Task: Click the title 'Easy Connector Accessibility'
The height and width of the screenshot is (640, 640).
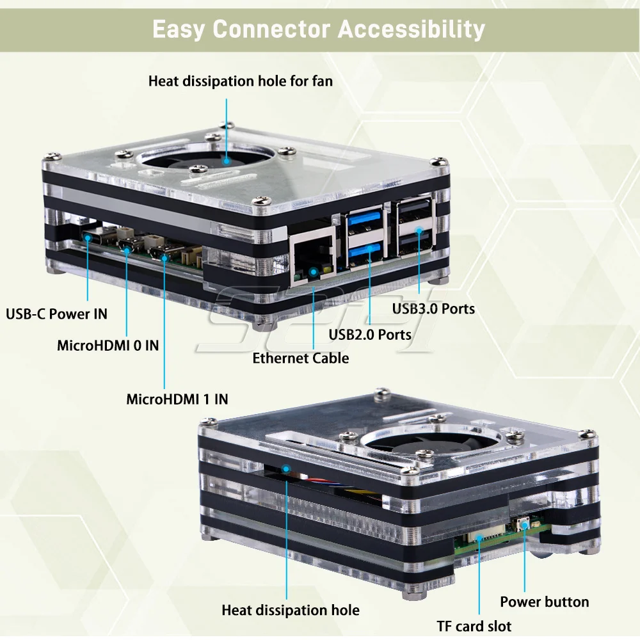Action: (x=319, y=29)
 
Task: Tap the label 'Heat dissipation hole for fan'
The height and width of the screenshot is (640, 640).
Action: (x=241, y=81)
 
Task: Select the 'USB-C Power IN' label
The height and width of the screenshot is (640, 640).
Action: (x=56, y=314)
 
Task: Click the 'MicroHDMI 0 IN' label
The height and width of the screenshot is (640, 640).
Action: (x=108, y=346)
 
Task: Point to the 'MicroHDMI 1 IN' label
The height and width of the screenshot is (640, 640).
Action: (x=177, y=399)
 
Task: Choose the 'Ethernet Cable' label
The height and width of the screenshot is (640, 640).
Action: (x=301, y=358)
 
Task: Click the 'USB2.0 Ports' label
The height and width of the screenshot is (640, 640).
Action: (x=370, y=333)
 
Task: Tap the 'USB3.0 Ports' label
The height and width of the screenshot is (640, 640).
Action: (x=433, y=308)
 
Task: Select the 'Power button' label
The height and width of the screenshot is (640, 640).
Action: (x=544, y=602)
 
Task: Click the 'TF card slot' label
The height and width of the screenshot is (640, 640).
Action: (x=474, y=626)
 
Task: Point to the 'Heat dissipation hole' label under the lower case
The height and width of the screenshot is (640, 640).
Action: (x=291, y=610)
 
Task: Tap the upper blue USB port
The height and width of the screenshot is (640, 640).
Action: (x=365, y=225)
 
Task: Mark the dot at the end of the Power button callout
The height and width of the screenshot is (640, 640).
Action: (x=525, y=524)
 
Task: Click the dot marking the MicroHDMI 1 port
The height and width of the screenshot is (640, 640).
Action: (x=164, y=258)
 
